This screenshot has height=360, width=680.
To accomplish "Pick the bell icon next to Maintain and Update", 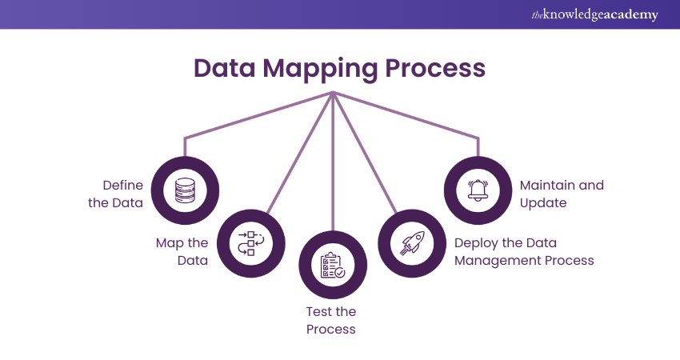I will [478, 190].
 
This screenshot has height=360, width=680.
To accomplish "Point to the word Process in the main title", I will [437, 68].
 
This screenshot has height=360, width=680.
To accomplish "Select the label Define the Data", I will [116, 194].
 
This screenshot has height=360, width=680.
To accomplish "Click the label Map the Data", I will [182, 251].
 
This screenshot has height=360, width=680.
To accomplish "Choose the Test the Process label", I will [331, 320].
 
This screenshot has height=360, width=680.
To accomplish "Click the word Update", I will [543, 203].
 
